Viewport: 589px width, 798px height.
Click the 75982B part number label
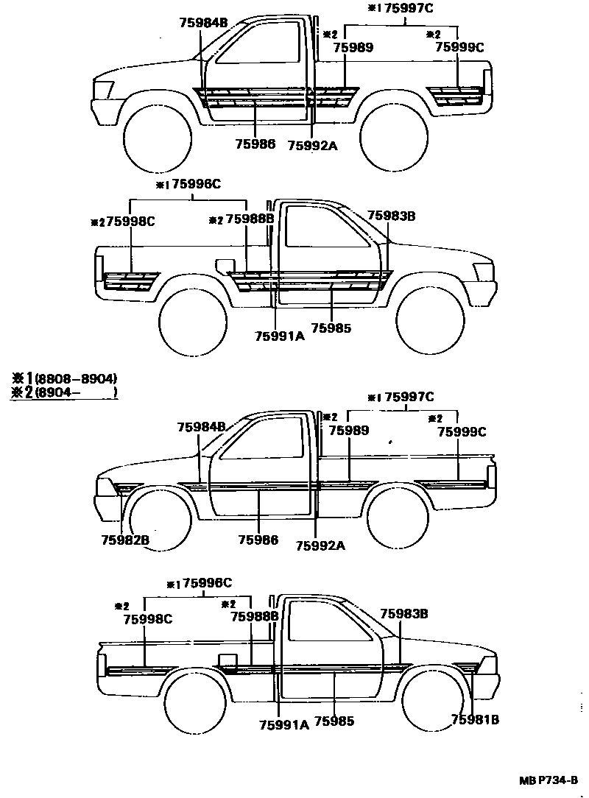coord(125,540)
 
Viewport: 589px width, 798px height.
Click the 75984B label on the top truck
coord(203,23)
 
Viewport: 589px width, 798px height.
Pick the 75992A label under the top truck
coord(312,145)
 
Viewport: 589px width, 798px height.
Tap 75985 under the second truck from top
coord(331,328)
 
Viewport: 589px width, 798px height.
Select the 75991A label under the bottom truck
coord(284,724)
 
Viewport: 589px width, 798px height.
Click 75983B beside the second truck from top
coord(392,216)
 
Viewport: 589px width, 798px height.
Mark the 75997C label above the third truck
coord(409,398)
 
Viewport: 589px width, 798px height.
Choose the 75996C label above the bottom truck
coord(208,583)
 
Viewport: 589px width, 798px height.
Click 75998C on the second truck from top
coord(130,219)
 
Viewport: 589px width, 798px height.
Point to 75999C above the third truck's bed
coord(462,432)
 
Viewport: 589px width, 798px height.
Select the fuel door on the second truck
coord(225,265)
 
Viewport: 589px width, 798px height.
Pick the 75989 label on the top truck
coord(353,47)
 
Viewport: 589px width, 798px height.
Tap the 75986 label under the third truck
coord(258,540)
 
